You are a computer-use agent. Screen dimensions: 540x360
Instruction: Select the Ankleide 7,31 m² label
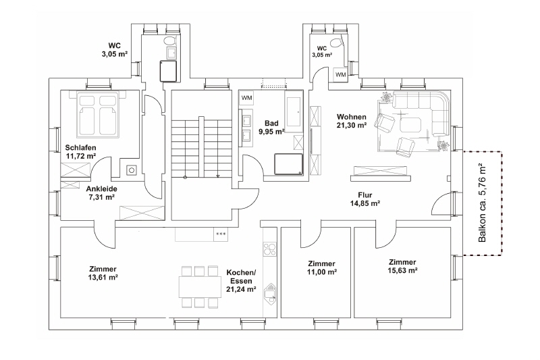click(x=102, y=193)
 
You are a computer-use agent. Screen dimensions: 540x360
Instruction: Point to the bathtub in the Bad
click(x=294, y=111)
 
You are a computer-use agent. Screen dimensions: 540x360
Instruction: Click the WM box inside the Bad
click(x=246, y=98)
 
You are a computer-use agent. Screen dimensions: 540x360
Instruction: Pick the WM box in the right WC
click(x=341, y=74)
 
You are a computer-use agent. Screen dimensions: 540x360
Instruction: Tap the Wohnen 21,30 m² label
click(x=351, y=122)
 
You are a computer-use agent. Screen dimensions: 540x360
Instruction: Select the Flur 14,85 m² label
click(x=365, y=199)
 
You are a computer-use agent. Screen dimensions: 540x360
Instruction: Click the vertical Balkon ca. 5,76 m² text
click(x=483, y=203)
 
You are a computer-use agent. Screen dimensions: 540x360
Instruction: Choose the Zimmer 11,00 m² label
click(x=322, y=267)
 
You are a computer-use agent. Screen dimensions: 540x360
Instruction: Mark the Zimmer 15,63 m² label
click(x=402, y=266)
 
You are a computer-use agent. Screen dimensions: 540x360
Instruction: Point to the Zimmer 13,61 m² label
click(x=103, y=273)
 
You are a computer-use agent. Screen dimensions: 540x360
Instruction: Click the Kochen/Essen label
click(x=241, y=277)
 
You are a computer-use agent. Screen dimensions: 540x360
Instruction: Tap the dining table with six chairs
click(x=200, y=286)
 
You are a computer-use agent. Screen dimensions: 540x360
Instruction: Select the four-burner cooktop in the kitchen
click(x=269, y=249)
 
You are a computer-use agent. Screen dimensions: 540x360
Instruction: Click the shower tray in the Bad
click(x=289, y=164)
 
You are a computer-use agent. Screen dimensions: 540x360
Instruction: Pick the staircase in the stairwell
click(x=201, y=147)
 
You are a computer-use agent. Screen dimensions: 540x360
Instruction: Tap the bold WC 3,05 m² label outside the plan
click(x=115, y=49)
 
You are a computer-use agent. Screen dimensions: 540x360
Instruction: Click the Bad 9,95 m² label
click(x=271, y=127)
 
